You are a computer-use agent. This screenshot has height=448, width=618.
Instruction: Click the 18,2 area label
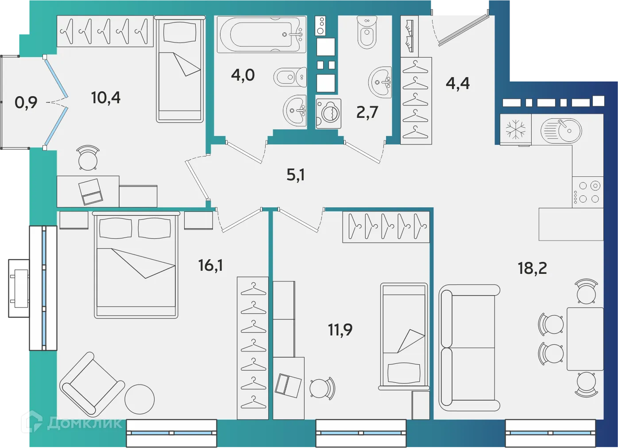[x=532, y=268]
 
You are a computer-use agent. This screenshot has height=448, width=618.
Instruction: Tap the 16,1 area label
[x=210, y=265]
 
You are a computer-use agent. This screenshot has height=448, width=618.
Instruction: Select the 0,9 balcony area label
[x=26, y=103]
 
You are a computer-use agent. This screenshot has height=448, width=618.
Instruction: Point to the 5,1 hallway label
[x=295, y=175]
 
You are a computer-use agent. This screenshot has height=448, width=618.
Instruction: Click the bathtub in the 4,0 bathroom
[x=261, y=34]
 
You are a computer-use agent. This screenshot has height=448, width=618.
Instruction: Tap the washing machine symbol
[x=328, y=113]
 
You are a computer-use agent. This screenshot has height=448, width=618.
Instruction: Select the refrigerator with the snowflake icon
[x=516, y=130]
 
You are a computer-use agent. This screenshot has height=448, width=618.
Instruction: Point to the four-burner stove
[x=587, y=192]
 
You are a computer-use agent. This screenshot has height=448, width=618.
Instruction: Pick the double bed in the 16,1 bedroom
[x=136, y=265]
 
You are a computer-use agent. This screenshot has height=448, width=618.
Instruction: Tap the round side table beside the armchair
[x=139, y=399]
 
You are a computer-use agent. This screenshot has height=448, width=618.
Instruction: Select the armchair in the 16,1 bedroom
[x=92, y=385]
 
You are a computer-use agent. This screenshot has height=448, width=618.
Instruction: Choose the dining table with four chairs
[x=585, y=339]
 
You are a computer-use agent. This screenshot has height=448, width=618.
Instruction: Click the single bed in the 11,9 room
[x=404, y=337]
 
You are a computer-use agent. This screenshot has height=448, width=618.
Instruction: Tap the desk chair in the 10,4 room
[x=88, y=158]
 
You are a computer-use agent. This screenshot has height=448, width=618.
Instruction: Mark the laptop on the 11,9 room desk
[x=288, y=385]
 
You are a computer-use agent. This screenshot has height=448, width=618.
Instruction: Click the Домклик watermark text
[x=84, y=423]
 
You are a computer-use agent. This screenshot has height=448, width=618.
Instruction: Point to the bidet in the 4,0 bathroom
[x=290, y=78]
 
